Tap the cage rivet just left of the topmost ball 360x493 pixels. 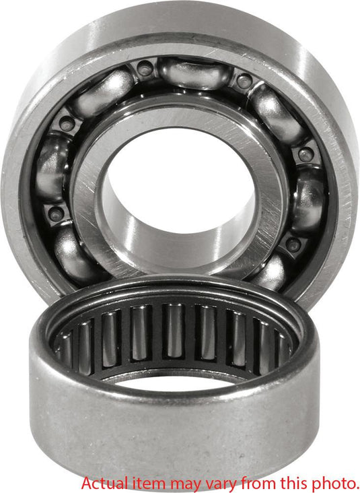pos(144,69)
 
